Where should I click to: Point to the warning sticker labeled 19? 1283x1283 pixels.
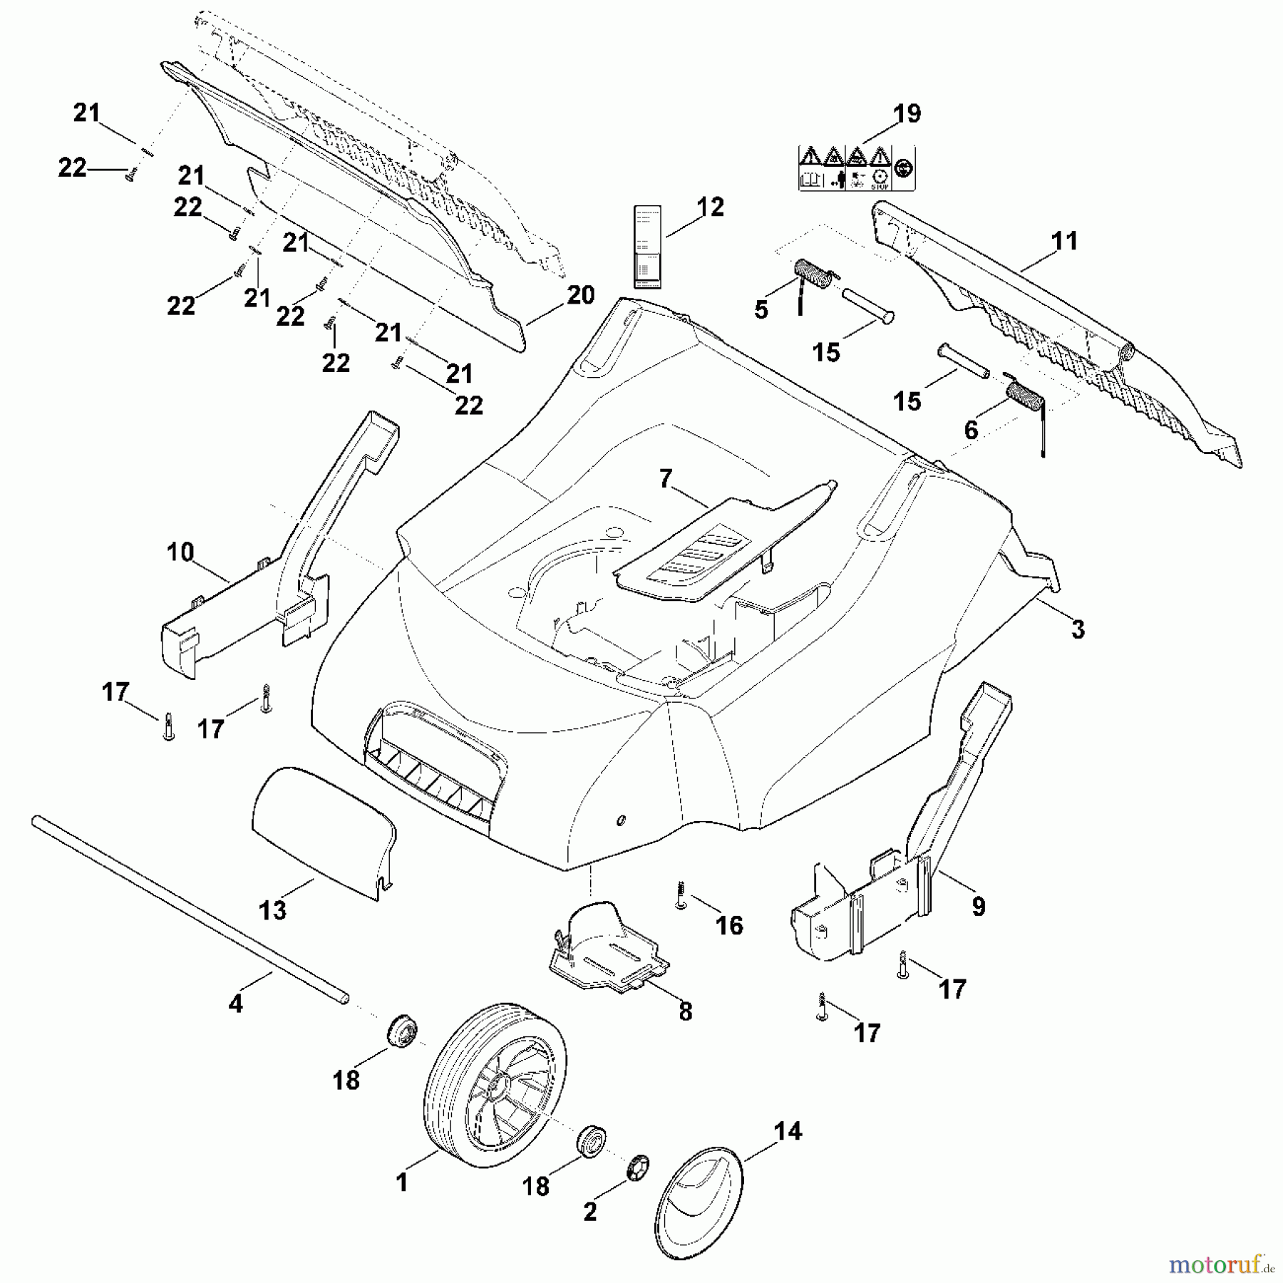[855, 168]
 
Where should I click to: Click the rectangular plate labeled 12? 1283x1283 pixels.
[648, 247]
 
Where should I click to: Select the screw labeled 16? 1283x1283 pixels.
[681, 895]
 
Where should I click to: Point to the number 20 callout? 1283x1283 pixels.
[580, 294]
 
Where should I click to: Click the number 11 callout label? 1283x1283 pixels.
[1064, 241]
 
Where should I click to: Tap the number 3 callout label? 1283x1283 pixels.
[1078, 629]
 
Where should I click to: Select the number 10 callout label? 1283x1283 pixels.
[180, 552]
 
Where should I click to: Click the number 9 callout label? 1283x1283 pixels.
[979, 906]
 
